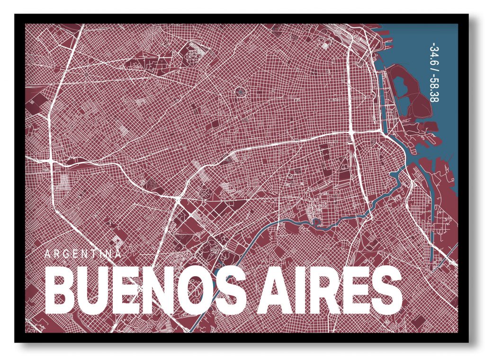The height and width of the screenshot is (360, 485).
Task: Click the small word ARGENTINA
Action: (x=83, y=253)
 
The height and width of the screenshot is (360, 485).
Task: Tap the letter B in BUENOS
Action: (x=63, y=289)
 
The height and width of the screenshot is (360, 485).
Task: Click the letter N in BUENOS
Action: (x=163, y=289)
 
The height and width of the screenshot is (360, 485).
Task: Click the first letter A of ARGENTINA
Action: (x=47, y=253)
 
